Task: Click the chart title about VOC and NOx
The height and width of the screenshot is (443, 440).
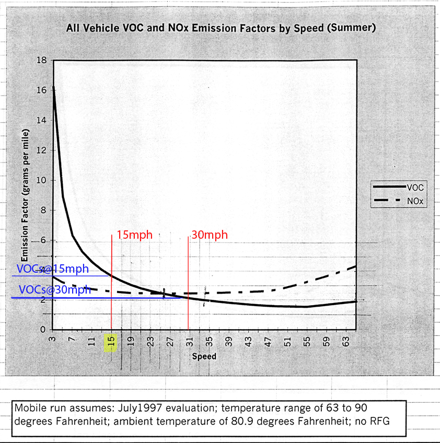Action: [x=221, y=28]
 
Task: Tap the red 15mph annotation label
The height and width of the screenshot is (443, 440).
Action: [x=134, y=235]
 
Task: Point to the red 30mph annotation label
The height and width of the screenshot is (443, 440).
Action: [x=209, y=235]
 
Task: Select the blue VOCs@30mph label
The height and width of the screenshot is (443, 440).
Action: [x=55, y=289]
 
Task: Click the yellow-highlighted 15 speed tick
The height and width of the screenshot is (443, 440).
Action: [x=111, y=343]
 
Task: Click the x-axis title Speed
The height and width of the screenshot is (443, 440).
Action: [x=204, y=357]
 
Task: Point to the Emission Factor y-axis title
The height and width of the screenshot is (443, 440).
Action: [x=25, y=204]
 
